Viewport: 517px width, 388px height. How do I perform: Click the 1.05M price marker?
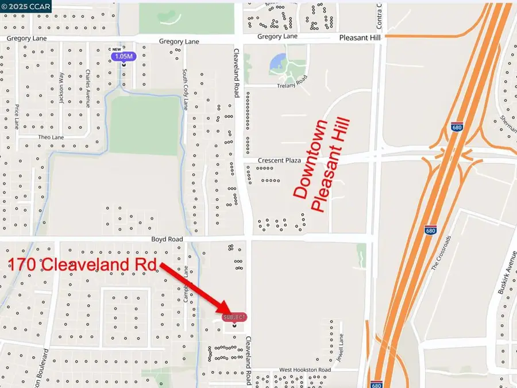(x=124, y=56)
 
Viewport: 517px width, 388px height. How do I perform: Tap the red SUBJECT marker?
(x=234, y=317)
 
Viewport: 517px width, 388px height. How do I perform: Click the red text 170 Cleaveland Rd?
(x=83, y=265)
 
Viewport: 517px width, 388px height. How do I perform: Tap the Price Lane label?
(x=17, y=117)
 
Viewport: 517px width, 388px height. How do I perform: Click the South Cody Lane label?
(x=185, y=89)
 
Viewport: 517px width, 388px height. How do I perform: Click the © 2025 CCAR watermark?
(x=26, y=6)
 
